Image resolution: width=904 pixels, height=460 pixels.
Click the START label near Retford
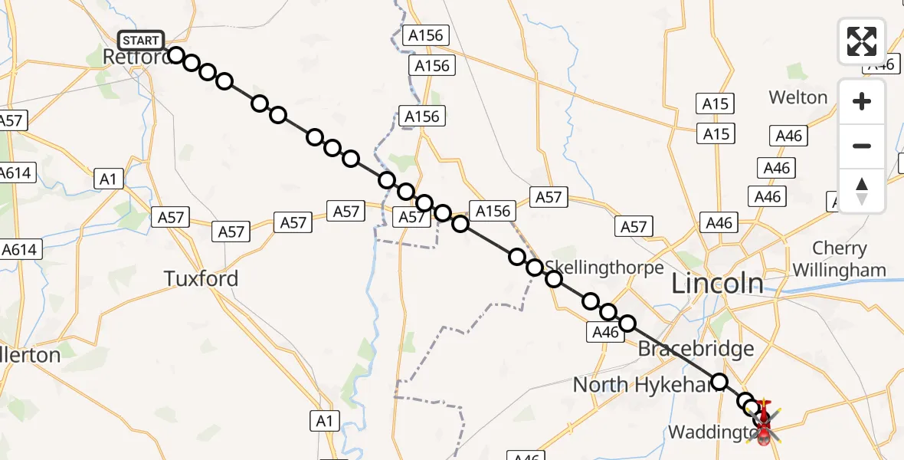tap(141, 41)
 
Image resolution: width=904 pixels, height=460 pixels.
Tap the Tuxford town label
tap(201, 278)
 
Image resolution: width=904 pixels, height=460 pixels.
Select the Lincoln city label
tap(717, 284)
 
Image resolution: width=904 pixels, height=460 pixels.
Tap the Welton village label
tap(798, 97)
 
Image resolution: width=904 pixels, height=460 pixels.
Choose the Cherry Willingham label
tap(840, 259)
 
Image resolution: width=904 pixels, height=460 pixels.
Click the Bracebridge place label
tap(696, 350)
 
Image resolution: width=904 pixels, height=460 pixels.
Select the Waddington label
tap(709, 432)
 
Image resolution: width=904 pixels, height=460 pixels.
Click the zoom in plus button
tap(862, 102)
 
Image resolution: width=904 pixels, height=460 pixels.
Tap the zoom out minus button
tap(862, 146)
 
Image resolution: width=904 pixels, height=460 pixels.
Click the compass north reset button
tap(862, 190)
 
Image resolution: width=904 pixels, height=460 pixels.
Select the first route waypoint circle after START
tap(176, 55)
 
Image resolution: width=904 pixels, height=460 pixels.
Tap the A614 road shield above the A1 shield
tap(15, 172)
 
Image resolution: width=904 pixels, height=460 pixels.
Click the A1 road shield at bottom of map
tap(324, 420)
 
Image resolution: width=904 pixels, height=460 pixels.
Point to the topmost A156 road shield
tap(427, 35)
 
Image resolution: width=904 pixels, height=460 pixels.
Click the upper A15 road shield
tap(716, 103)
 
